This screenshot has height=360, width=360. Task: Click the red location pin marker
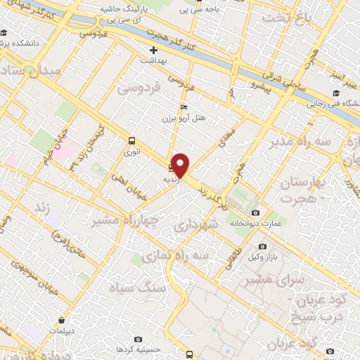[181, 165]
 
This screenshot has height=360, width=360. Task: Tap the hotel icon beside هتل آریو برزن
[184, 107]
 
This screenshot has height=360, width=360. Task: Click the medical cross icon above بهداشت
[154, 51]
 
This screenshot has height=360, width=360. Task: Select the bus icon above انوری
[131, 140]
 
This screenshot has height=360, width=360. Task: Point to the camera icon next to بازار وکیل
[262, 247]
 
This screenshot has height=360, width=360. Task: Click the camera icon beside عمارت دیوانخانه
[255, 212]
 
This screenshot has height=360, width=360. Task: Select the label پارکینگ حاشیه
[124, 8]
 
